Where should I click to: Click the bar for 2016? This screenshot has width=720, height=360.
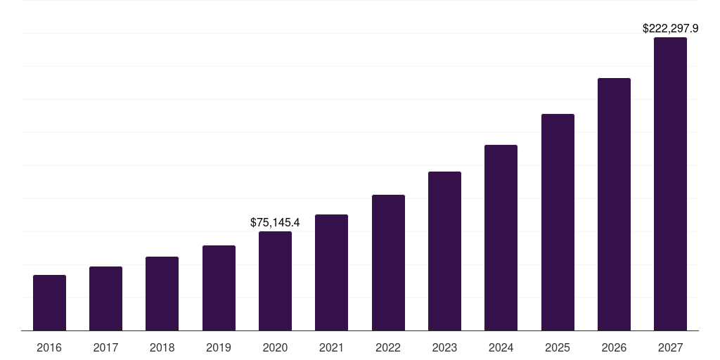[49, 302]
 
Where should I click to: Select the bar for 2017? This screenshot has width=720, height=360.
[105, 298]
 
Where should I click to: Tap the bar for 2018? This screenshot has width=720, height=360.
[162, 293]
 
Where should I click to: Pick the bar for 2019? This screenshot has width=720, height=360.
[219, 288]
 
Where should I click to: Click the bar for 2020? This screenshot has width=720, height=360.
[275, 281]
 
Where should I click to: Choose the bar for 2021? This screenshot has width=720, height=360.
[331, 272]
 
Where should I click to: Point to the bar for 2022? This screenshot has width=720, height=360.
[388, 262]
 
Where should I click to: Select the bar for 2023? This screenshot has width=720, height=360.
[444, 251]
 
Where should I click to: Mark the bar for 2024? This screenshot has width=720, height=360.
[501, 238]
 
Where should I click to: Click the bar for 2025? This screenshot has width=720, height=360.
[558, 222]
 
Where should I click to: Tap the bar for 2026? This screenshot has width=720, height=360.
[614, 204]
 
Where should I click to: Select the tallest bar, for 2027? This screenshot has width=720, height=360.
[670, 184]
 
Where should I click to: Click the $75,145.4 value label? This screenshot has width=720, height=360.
[275, 223]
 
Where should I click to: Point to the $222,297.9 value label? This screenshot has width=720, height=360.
[670, 29]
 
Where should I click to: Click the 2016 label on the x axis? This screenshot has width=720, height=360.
[49, 348]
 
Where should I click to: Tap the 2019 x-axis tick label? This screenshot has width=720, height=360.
[219, 348]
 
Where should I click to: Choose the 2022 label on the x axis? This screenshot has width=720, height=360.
[388, 348]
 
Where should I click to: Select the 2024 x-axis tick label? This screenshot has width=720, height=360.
[501, 348]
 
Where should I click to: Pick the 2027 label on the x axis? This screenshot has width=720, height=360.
[670, 348]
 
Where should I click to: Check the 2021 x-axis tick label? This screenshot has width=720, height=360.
[331, 348]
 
